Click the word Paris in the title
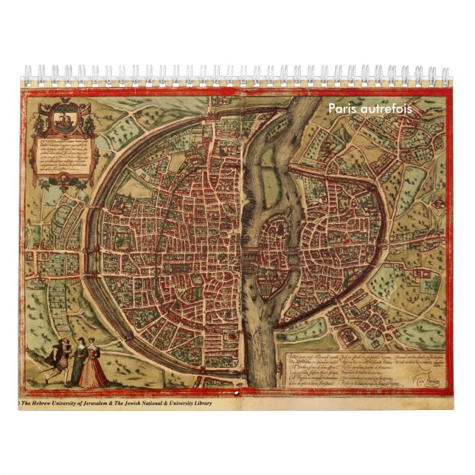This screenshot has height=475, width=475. [x=341, y=108]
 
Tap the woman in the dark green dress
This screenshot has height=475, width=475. [x=77, y=361]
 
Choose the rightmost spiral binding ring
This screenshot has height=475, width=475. [x=445, y=74]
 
